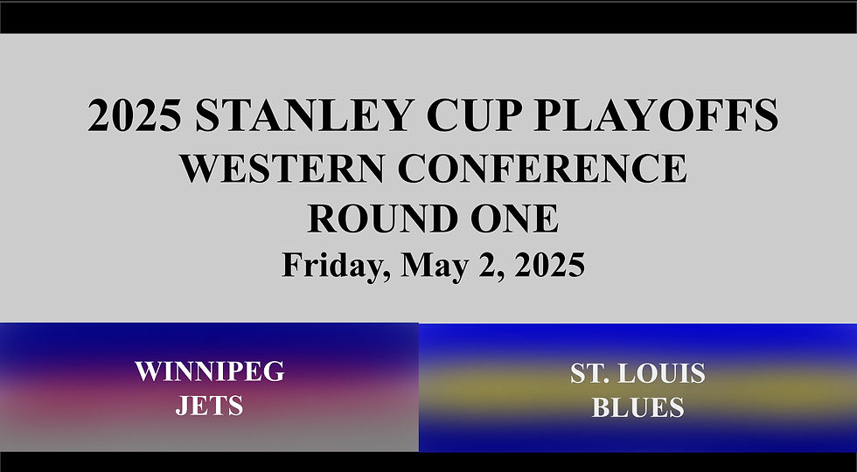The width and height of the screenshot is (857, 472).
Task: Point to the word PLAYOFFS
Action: (665, 116)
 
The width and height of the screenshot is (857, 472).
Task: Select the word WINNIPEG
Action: (209, 371)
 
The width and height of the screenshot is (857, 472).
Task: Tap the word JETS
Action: (209, 406)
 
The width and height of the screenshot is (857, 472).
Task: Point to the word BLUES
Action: (637, 407)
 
